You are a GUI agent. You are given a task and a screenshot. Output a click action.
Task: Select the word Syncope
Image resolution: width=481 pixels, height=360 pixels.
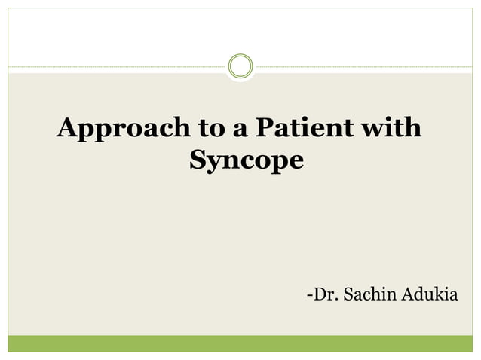click(246, 160)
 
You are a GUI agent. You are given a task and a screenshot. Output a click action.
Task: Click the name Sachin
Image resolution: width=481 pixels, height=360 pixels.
click(368, 293)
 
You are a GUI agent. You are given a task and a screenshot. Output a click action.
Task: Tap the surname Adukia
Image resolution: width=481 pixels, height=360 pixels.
click(430, 293)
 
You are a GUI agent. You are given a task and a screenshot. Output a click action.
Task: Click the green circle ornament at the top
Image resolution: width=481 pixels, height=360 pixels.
click(240, 66)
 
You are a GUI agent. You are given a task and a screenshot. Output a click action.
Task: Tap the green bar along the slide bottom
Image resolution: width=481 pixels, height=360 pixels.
click(240, 344)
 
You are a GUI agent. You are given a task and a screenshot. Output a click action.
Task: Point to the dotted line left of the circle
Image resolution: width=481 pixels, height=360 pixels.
click(113, 66)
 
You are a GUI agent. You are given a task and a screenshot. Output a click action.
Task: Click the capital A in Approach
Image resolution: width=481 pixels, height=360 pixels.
click(66, 127)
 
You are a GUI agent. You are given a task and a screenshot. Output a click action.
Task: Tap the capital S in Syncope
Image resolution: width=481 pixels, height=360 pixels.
click(198, 159)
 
